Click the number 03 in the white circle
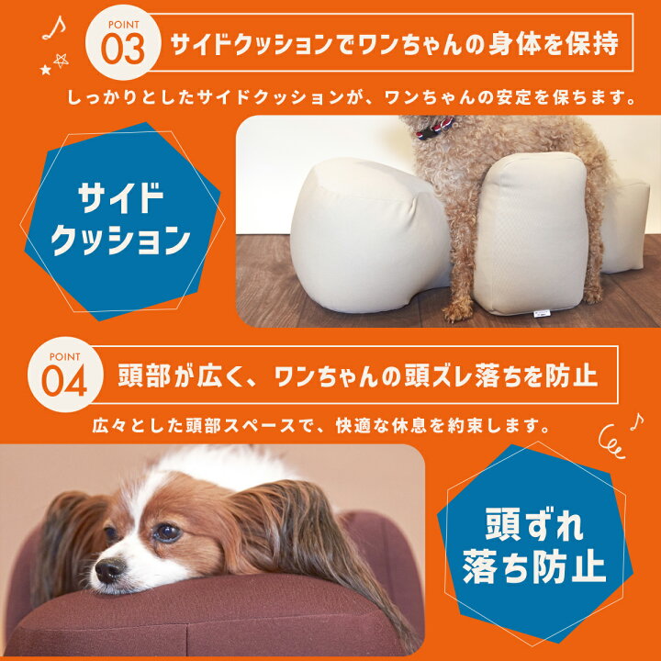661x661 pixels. tap(122, 49)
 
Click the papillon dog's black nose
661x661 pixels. tap(108, 570)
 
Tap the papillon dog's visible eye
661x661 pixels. tap(166, 532)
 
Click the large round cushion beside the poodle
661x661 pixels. tap(364, 233)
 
